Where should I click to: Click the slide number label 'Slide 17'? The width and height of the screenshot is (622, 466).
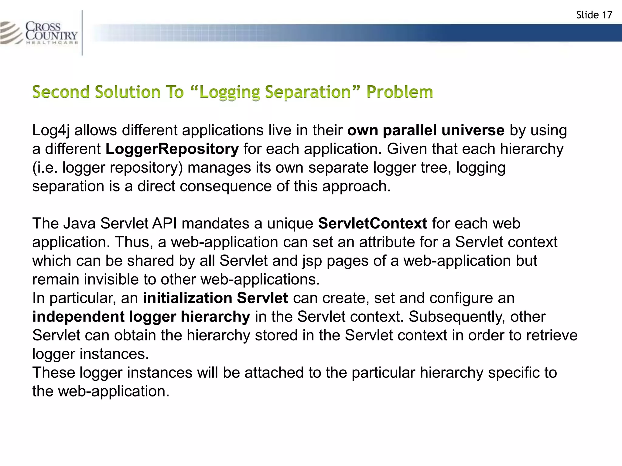pos(594,15)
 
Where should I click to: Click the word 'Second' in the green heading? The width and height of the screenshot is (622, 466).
pos(61,92)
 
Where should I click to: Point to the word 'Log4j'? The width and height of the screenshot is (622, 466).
pos(51,130)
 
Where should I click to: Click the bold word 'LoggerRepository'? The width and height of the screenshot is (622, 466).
pos(172,149)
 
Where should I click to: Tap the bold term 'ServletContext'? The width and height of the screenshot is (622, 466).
pos(372,224)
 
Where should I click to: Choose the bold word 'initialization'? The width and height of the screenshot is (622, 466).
pos(187,298)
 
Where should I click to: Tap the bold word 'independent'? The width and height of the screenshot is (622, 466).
pos(78,317)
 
